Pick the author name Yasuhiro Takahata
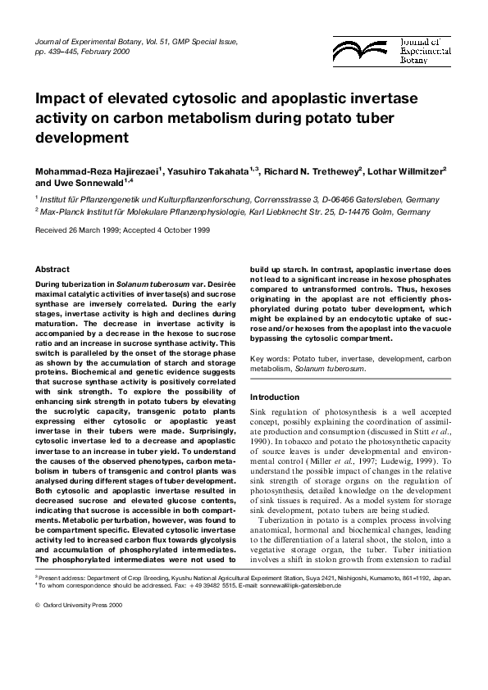(208, 172)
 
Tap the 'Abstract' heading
(52, 269)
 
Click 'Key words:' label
(271, 359)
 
